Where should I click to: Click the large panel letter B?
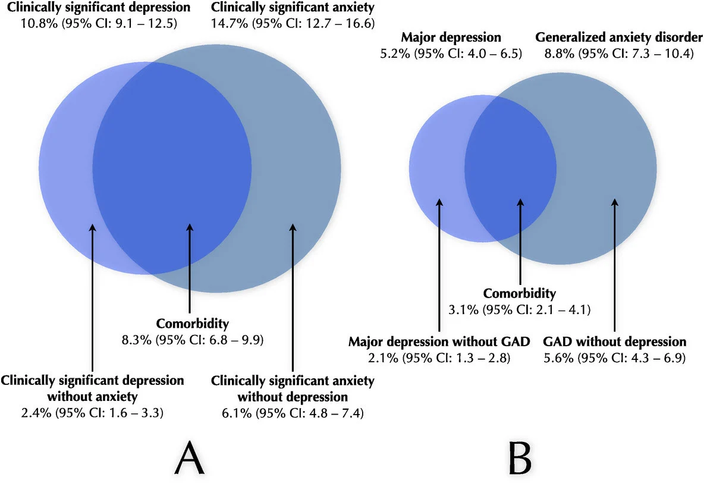518,459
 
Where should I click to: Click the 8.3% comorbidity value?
136,340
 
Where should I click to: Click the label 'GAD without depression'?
615,342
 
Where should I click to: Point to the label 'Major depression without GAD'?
438,342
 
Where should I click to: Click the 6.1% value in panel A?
226,411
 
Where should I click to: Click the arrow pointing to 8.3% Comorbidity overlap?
189,268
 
